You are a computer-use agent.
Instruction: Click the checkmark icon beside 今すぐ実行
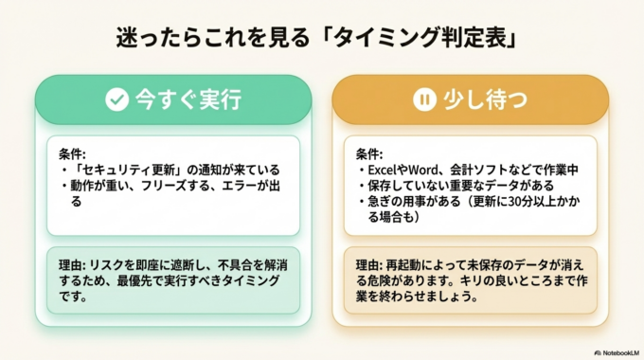[116, 99]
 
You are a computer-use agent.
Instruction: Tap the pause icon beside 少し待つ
[423, 99]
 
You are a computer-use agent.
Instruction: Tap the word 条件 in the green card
[71, 153]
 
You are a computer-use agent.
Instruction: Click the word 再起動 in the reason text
[410, 264]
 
